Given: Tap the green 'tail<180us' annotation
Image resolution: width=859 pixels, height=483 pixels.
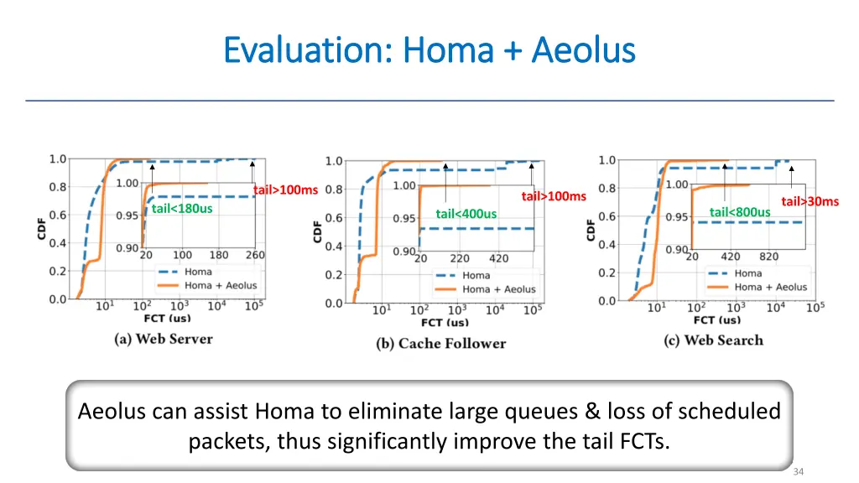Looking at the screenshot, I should (181, 208).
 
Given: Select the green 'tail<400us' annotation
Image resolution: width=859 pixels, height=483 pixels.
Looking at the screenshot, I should (466, 214).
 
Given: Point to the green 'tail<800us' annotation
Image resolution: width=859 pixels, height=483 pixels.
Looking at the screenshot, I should (739, 212).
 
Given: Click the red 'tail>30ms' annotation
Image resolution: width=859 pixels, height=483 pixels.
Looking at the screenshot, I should (810, 200).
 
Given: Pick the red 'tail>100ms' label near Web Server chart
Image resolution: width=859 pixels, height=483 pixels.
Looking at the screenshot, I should (285, 190).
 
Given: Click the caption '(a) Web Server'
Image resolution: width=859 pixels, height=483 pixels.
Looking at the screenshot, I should (164, 339).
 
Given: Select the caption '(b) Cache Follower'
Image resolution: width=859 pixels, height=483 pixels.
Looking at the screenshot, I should (441, 343).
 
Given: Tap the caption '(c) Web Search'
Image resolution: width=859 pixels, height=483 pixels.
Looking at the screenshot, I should (713, 340).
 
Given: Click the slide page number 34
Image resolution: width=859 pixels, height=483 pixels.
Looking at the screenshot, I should (798, 472).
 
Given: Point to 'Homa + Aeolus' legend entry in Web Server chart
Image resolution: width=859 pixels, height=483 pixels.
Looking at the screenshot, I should (221, 285).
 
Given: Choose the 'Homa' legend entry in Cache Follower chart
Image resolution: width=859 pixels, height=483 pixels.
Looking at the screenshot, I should (476, 275).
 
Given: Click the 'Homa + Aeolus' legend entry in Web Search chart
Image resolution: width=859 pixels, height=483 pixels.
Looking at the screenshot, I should (770, 287).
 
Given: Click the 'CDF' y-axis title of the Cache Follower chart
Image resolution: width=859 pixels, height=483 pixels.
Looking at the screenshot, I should (317, 231).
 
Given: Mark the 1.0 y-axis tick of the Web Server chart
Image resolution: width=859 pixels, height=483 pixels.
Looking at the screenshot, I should (57, 158).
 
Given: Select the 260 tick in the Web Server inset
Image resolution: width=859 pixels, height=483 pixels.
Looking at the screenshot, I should (254, 255).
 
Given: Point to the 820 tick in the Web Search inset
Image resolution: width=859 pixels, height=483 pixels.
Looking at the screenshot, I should (768, 257).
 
